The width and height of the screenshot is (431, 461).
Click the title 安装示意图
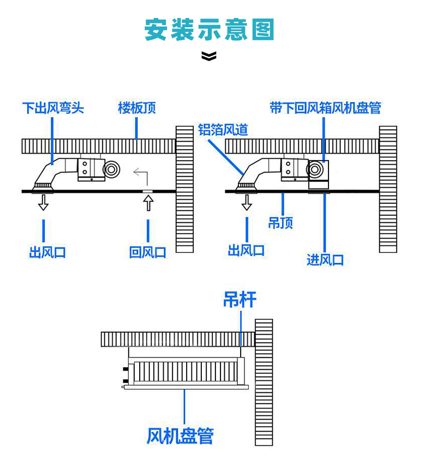[209, 29]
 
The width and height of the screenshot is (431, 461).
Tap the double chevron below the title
[209, 56]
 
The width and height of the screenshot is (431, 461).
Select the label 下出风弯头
[53, 108]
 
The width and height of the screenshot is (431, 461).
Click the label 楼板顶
[137, 108]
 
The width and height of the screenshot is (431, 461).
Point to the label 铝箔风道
[223, 130]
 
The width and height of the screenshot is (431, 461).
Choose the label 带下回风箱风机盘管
[326, 108]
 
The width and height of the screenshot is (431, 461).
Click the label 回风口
[148, 252]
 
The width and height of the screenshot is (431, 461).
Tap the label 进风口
[325, 260]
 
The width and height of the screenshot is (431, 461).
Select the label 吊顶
[280, 223]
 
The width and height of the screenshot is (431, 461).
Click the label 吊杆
[240, 300]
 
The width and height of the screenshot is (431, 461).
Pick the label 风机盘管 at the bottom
[180, 436]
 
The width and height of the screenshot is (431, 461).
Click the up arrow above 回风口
[148, 203]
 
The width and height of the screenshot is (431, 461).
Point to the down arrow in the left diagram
[43, 203]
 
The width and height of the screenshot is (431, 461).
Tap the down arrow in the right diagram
[247, 203]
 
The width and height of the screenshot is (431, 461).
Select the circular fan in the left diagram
[111, 169]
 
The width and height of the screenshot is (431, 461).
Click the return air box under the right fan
[319, 185]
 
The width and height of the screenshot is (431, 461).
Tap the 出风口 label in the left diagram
[47, 252]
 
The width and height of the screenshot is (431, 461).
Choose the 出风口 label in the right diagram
[246, 251]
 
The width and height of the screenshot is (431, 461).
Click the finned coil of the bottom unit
[185, 371]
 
